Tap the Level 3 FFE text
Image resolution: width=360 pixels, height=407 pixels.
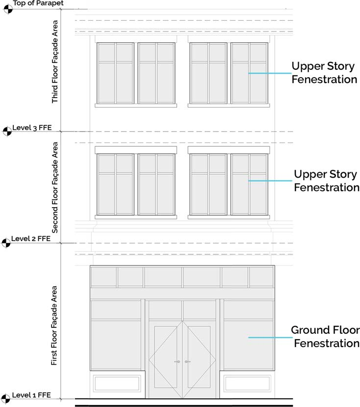coord(32,128)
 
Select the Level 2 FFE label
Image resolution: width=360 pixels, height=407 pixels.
coord(32,239)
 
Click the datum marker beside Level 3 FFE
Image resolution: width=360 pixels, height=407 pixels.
coord(7,131)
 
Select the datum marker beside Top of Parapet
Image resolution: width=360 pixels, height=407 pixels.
coord(7,8)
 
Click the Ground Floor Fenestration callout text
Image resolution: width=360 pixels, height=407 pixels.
coord(325,336)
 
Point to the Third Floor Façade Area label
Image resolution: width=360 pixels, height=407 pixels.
coord(55,62)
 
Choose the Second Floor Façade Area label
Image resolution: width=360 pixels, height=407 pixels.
coord(55,187)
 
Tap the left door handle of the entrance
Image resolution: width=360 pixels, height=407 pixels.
coord(178,362)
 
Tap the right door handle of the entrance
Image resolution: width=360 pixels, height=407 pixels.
coord(187,362)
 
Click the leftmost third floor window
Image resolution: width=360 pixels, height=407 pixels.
coord(115,73)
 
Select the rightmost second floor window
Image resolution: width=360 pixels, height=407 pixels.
coord(249,185)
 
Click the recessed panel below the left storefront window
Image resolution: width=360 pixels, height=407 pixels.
coord(117,383)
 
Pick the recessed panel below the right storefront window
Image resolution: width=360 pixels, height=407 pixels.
coord(247,383)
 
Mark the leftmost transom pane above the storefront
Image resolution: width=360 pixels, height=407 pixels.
coord(103,277)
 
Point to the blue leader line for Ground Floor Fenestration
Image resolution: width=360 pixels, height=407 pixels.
coord(267,337)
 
